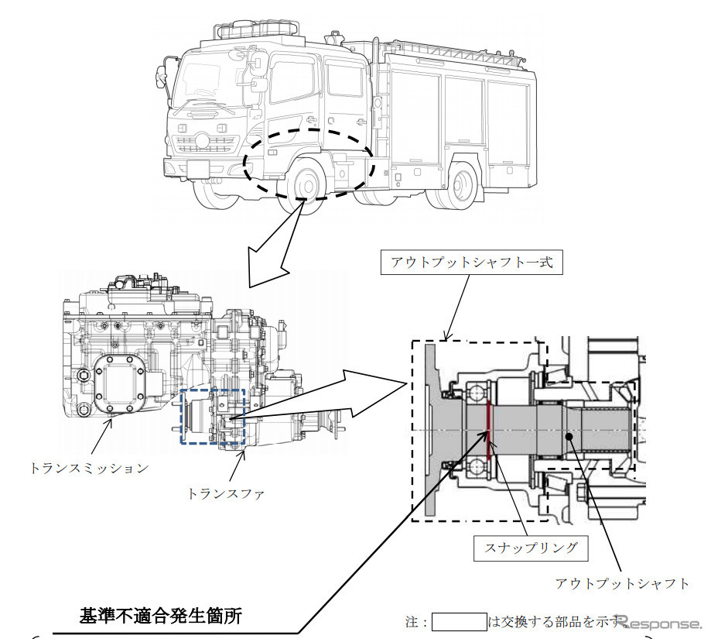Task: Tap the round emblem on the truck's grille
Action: click(x=202, y=139)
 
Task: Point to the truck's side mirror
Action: click(x=162, y=78)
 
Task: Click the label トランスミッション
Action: click(x=89, y=467)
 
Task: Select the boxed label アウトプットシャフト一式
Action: click(x=471, y=263)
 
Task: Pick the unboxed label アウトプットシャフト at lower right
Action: click(x=622, y=583)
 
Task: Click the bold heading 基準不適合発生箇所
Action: click(x=161, y=617)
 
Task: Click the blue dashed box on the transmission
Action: click(x=212, y=417)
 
